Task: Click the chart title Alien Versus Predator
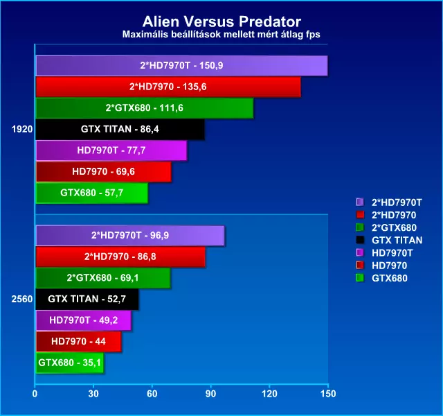tap(221, 21)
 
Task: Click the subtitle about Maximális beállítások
tap(221, 34)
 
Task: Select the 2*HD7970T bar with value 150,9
tap(181, 66)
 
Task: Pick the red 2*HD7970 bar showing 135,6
tap(168, 87)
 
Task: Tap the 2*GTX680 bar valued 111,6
tap(145, 108)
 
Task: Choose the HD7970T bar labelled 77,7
tap(111, 150)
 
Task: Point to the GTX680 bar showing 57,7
tap(92, 193)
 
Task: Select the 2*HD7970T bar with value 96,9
tap(130, 236)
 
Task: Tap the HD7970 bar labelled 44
tap(78, 342)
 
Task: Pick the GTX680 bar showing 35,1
tap(70, 363)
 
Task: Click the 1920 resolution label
tap(22, 130)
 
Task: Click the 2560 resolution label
tap(22, 299)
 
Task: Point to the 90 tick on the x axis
tap(210, 394)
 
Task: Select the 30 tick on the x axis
tap(93, 394)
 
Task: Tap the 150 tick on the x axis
tap(328, 394)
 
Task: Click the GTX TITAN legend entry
tap(397, 241)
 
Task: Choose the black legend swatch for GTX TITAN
tap(360, 240)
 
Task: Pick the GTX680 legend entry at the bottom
tap(390, 278)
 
